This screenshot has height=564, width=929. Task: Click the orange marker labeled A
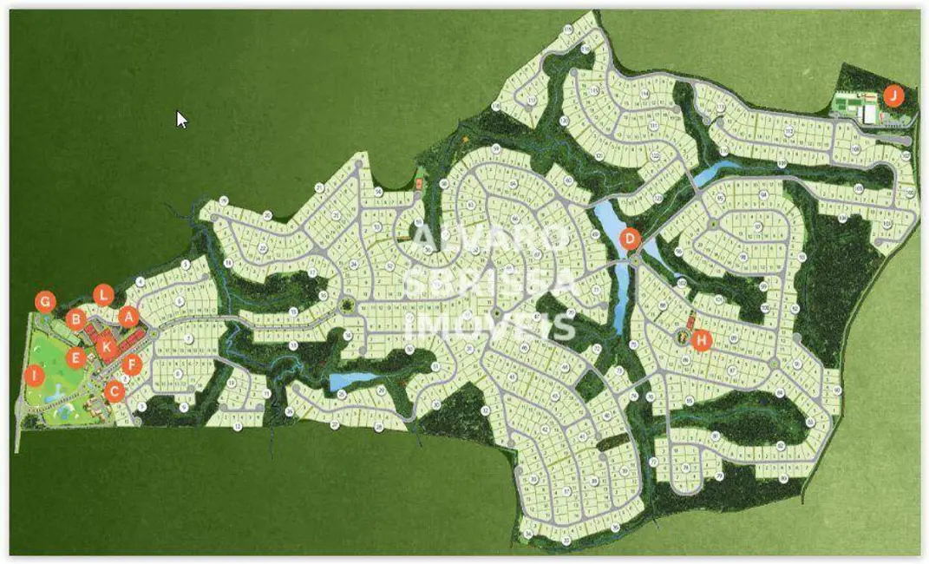tap(129, 318)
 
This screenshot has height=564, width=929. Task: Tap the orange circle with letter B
tap(75, 318)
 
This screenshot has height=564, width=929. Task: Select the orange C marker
tap(114, 391)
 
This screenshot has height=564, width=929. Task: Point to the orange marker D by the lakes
tap(631, 239)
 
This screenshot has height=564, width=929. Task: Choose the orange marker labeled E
tap(75, 357)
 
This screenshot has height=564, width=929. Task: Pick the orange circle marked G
tap(45, 302)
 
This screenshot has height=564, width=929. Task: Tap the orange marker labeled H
tap(702, 339)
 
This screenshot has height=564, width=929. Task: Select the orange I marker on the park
tap(34, 376)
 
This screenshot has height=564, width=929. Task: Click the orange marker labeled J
tap(893, 95)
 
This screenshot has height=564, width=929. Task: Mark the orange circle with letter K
tap(107, 348)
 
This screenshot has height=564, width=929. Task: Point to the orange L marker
tap(103, 294)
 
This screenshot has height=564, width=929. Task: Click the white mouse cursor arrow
tap(181, 119)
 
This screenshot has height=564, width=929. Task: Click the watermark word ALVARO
tap(490, 237)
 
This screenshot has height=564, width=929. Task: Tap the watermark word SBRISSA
tap(490, 281)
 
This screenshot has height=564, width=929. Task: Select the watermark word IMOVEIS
tap(490, 325)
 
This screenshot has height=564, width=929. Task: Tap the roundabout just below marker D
tap(635, 260)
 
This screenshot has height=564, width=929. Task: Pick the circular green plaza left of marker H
tap(682, 335)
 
